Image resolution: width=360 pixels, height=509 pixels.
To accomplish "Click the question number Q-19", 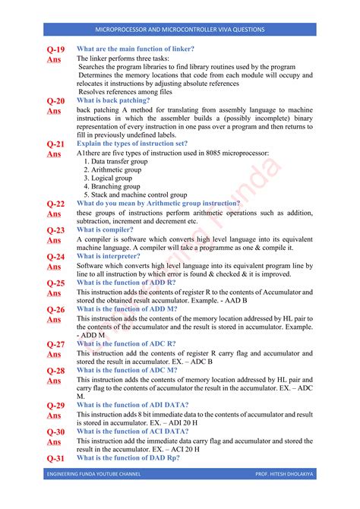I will coord(55,49).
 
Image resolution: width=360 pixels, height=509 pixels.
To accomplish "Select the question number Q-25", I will coord(55,283).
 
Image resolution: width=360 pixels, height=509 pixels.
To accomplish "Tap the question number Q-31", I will coord(55,458).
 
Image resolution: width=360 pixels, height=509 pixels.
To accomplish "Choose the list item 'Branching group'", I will coord(116,186).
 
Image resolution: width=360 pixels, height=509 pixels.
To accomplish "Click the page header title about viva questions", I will coord(180,30).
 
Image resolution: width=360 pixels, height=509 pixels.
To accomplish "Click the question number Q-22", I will coord(55,204).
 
